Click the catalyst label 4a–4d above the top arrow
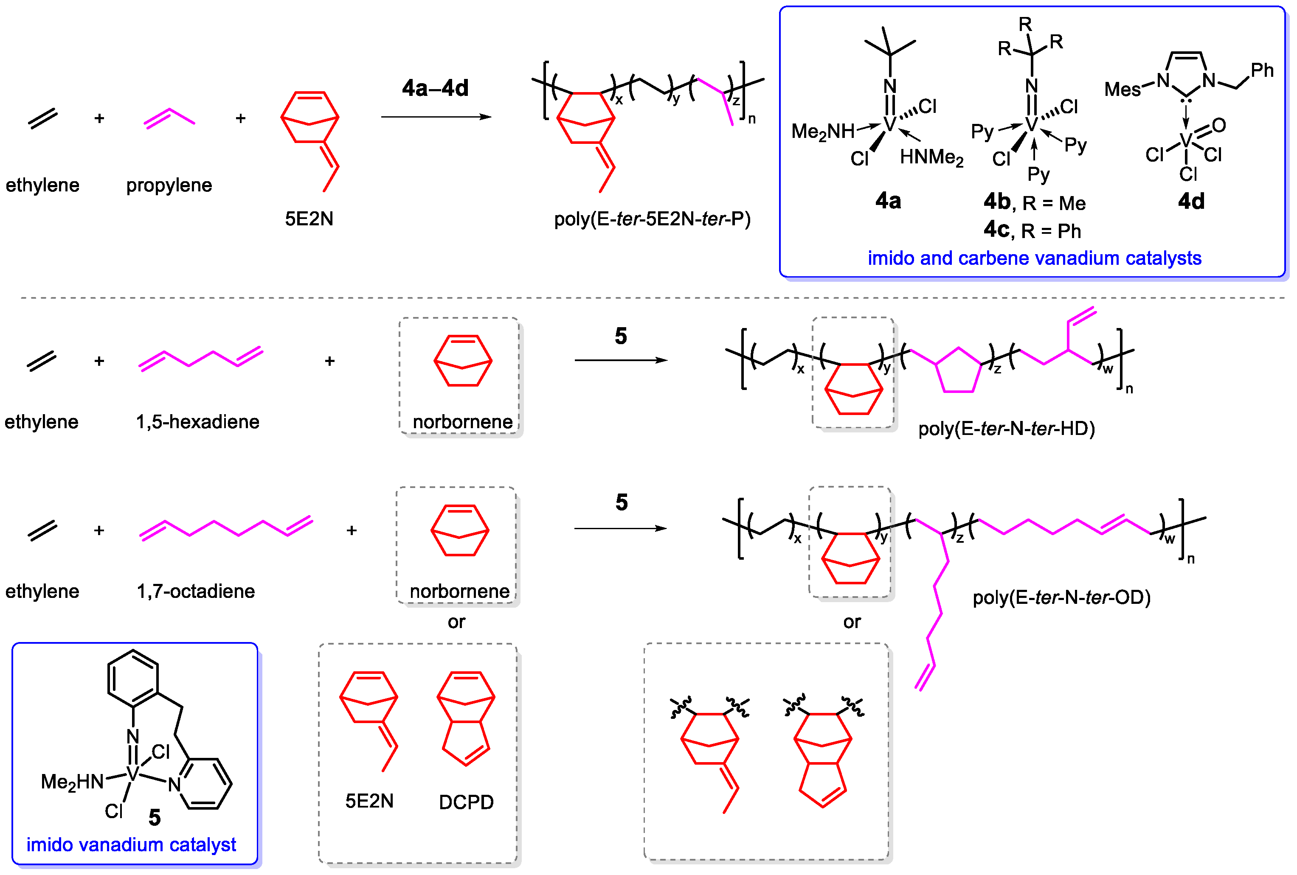coord(435,88)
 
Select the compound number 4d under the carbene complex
coord(1191,201)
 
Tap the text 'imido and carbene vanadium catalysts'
coord(1034,258)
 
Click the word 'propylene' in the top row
coord(169,185)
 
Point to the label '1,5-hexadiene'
coord(197,422)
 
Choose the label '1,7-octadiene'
coord(196,591)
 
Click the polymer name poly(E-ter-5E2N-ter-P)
coord(652,219)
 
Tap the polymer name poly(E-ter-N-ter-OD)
coord(1061,598)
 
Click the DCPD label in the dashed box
coord(466,802)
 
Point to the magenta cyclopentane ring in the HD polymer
coord(958,372)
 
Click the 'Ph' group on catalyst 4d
coord(1262,71)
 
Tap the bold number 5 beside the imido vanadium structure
coord(155,818)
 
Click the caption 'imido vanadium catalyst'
coord(131,845)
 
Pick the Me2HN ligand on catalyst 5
coord(72,782)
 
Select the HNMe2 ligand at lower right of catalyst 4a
coord(931,158)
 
